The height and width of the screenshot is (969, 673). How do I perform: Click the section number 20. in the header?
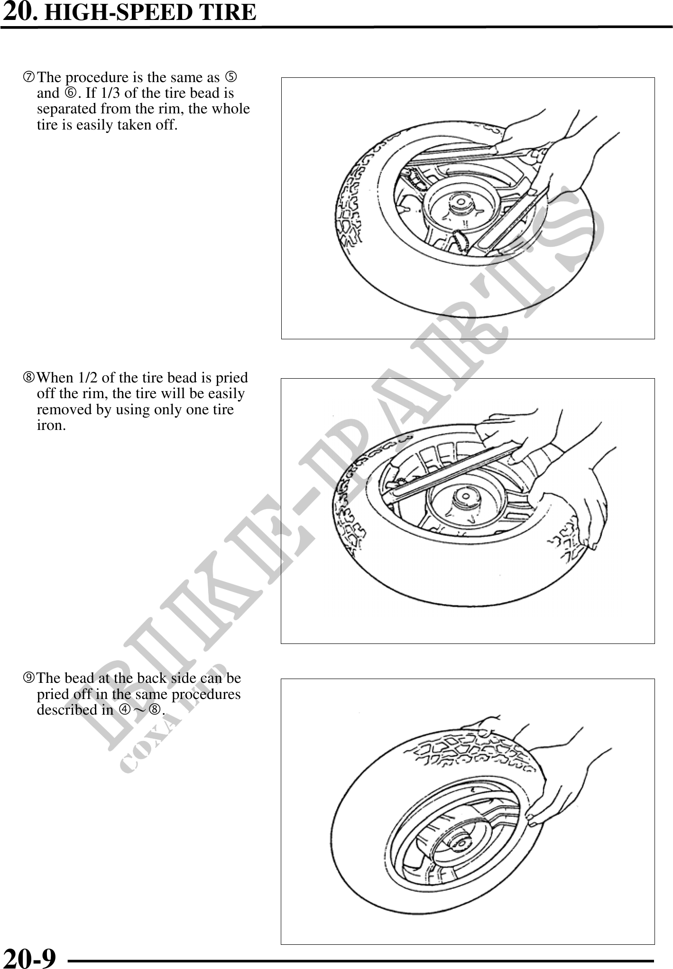click(18, 12)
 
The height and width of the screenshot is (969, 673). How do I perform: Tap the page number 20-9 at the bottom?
click(29, 958)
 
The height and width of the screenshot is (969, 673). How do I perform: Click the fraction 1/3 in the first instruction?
click(111, 93)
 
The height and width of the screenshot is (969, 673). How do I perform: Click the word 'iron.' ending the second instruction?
click(52, 425)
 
